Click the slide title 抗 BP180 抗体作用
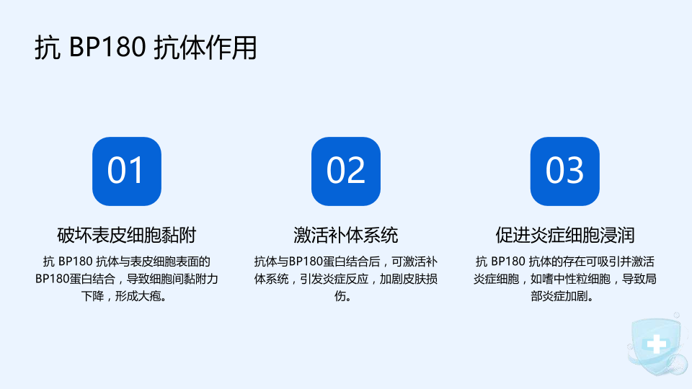pos(146,48)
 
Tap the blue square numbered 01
pos(127,171)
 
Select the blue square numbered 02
pos(346,171)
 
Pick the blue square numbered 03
pos(565,171)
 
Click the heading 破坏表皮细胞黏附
pos(127,235)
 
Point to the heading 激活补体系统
pos(346,235)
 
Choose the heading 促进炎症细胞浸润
pos(565,235)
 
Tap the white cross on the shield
pos(657,344)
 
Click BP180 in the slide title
pos(107,48)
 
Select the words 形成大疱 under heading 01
pos(138,296)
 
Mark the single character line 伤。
pos(343,296)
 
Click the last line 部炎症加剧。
pos(562,296)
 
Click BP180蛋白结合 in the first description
pos(75,279)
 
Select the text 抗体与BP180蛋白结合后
pos(317,261)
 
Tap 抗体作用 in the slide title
pos(205,48)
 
